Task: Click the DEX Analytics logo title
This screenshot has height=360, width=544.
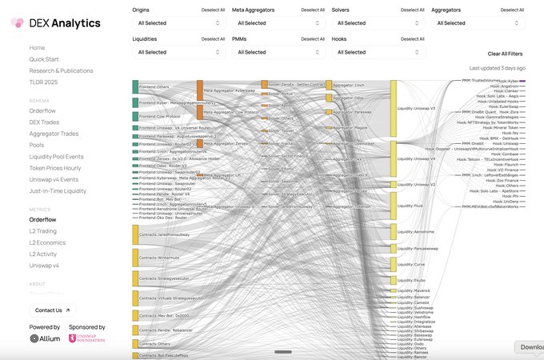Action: click(66, 23)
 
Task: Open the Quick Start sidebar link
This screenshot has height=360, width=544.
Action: click(44, 59)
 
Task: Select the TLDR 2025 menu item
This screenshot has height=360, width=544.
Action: click(45, 82)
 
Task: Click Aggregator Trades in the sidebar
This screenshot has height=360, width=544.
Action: click(54, 134)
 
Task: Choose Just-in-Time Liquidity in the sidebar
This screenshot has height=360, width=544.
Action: click(58, 191)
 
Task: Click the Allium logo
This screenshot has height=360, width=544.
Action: click(46, 338)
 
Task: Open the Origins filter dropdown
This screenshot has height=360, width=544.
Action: click(178, 23)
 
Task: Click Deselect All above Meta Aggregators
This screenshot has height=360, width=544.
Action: click(313, 10)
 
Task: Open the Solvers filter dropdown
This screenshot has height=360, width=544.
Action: click(378, 23)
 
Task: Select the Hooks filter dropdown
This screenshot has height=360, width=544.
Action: click(378, 52)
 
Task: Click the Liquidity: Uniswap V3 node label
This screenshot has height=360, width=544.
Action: click(416, 107)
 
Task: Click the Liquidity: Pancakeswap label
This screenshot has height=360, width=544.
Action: click(418, 249)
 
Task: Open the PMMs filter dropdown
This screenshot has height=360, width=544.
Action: click(278, 52)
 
